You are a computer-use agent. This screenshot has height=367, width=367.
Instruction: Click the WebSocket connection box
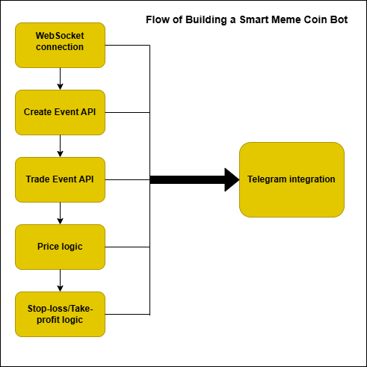click(60, 45)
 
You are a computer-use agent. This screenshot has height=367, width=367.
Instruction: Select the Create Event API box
click(60, 112)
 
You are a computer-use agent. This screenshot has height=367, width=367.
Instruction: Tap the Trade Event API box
click(60, 179)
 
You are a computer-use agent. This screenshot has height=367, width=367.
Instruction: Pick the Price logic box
click(60, 247)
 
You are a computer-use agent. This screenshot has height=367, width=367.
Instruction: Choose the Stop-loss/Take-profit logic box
click(60, 314)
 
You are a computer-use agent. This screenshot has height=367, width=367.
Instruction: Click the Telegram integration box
click(292, 179)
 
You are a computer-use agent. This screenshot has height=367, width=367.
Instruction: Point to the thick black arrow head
click(232, 179)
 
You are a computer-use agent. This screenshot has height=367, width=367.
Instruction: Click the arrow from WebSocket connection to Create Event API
click(60, 78)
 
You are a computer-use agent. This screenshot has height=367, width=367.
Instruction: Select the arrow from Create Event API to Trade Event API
click(60, 146)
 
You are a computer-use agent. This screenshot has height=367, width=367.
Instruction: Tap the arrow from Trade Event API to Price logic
click(60, 213)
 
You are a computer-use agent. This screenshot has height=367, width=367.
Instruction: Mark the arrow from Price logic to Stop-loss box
click(60, 280)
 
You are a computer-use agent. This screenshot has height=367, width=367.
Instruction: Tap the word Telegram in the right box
click(267, 179)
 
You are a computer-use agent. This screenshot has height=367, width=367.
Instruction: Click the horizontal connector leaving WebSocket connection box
click(127, 45)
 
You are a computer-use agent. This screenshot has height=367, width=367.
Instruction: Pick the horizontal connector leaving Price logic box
click(127, 247)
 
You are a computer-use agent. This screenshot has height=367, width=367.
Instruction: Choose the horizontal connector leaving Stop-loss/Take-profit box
click(127, 314)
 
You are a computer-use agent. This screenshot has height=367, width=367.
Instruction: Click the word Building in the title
click(206, 20)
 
